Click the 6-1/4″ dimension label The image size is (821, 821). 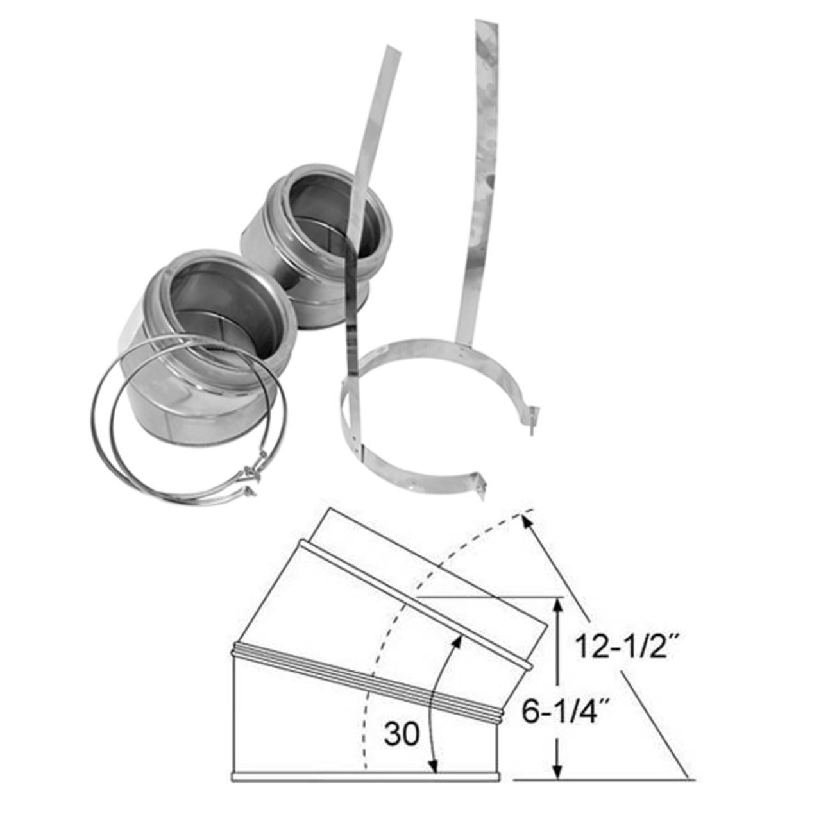(x=564, y=713)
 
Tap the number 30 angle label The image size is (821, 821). (x=402, y=732)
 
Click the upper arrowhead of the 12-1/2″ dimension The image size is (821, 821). (x=528, y=521)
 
